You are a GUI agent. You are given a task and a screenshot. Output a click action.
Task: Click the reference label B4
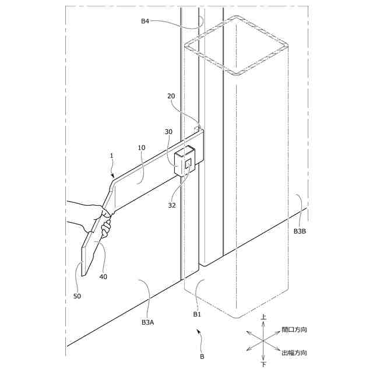pyautogui.click(x=145, y=22)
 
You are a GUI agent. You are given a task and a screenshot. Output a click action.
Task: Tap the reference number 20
pyautogui.click(x=171, y=96)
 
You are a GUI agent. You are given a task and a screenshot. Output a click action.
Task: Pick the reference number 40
pyautogui.click(x=103, y=277)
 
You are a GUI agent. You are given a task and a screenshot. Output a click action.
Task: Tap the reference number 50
pyautogui.click(x=77, y=296)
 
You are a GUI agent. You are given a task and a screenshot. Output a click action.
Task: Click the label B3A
pyautogui.click(x=148, y=322)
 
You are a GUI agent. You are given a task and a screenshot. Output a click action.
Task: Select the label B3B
pyautogui.click(x=300, y=231)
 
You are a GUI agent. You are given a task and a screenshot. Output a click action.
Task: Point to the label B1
pyautogui.click(x=197, y=314)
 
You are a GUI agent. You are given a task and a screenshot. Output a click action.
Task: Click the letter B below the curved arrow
pyautogui.click(x=202, y=355)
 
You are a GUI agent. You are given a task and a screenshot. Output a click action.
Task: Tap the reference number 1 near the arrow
pyautogui.click(x=111, y=156)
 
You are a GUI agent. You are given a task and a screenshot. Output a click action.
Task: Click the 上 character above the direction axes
pyautogui.click(x=263, y=318)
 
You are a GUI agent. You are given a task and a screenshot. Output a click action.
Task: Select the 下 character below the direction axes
pyautogui.click(x=263, y=364)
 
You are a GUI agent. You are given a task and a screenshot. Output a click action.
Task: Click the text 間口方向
pyautogui.click(x=294, y=330)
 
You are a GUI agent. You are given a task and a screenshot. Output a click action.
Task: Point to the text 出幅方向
pyautogui.click(x=294, y=353)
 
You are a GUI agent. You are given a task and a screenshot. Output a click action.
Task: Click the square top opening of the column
pyautogui.click(x=237, y=46)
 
